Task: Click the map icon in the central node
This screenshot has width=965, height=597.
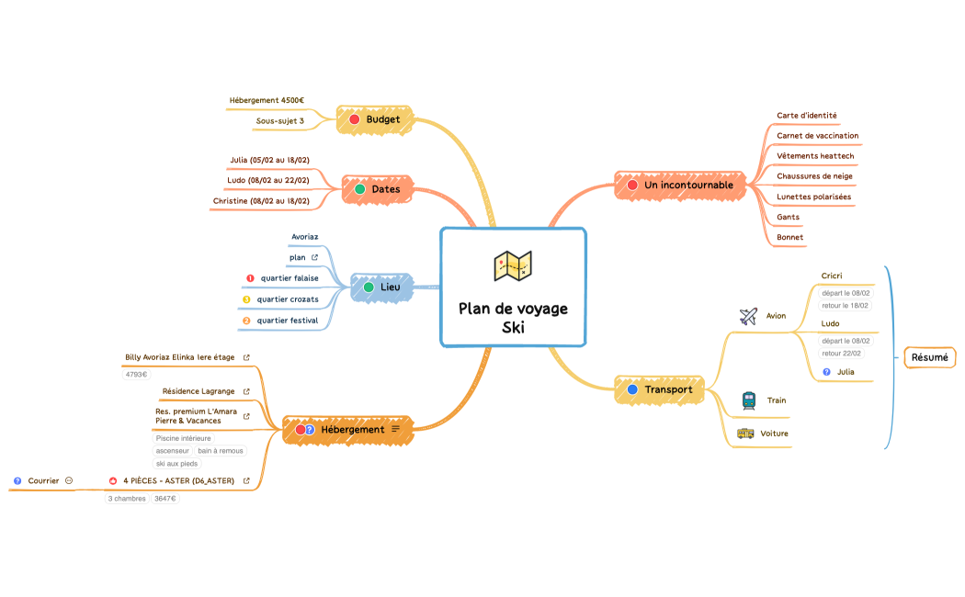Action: click(513, 265)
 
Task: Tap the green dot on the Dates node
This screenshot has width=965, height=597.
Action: click(360, 189)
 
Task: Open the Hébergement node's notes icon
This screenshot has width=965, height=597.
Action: click(396, 429)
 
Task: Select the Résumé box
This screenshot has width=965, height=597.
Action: click(929, 357)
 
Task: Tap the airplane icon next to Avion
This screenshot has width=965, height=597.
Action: click(747, 316)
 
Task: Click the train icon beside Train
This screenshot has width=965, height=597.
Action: click(748, 400)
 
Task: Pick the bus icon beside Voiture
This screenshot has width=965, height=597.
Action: click(745, 434)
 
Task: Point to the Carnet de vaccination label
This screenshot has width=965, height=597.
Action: click(817, 135)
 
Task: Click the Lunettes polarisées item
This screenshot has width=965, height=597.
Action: click(813, 197)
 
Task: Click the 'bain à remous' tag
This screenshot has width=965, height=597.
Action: click(221, 451)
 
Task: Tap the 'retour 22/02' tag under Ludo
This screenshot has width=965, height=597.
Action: click(843, 353)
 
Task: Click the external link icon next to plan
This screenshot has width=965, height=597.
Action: click(314, 258)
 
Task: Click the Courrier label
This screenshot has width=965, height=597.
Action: click(43, 480)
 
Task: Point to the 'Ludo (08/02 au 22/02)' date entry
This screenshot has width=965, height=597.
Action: click(268, 180)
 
